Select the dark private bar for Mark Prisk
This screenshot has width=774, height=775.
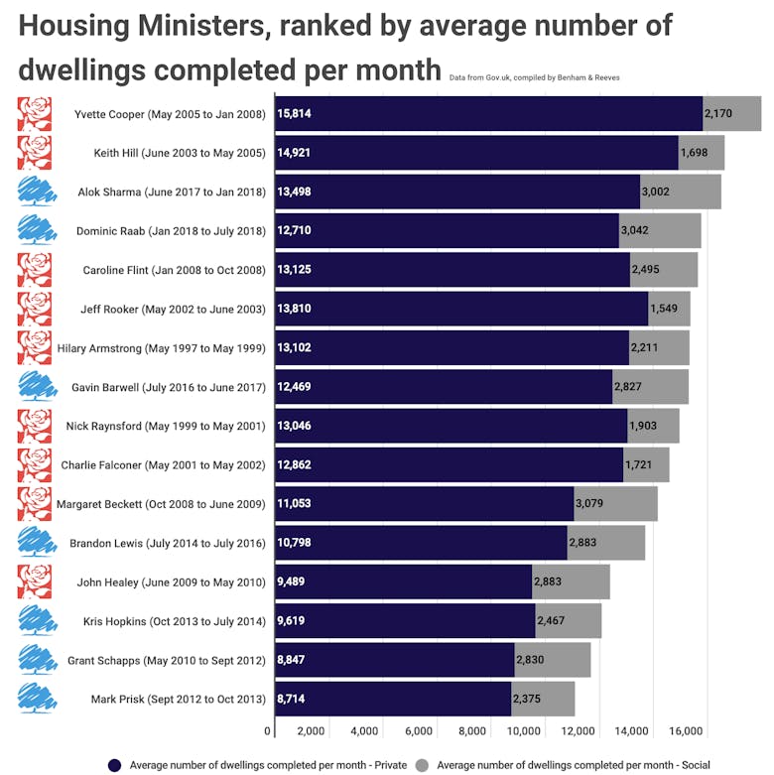(x=393, y=699)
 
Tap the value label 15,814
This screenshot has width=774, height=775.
(x=295, y=114)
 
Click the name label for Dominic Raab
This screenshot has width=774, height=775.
(x=171, y=231)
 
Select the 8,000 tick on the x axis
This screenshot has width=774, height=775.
(x=472, y=732)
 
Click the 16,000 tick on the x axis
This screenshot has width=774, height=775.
(x=686, y=732)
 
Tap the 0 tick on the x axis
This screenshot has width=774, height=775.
(x=268, y=732)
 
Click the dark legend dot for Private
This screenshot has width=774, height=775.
(x=114, y=765)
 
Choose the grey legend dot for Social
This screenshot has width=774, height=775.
(x=422, y=765)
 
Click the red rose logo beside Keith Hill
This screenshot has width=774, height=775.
(x=35, y=153)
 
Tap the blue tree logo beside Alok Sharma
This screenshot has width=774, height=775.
(x=37, y=193)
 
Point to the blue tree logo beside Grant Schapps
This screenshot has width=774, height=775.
(x=37, y=660)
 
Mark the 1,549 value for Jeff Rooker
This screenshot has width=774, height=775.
(x=663, y=309)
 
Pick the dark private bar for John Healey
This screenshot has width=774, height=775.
(x=403, y=581)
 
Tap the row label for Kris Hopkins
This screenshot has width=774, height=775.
(x=175, y=621)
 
